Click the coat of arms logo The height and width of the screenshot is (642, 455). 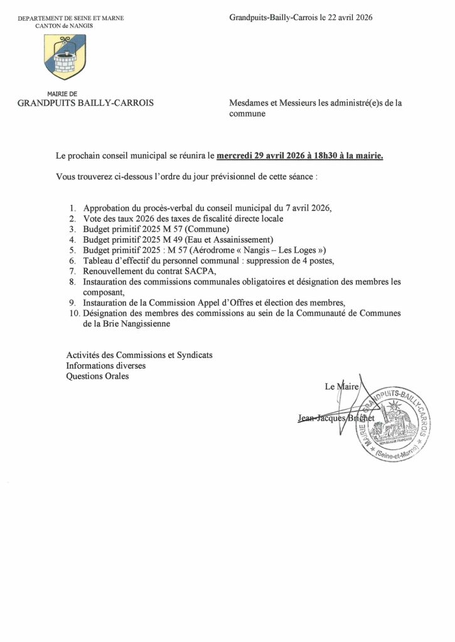coord(65,57)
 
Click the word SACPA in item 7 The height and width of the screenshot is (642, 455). coord(199,271)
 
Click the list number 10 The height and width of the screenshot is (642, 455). coord(73,313)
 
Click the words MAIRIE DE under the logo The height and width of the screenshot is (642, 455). coord(62,94)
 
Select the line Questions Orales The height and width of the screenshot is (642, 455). coord(97,376)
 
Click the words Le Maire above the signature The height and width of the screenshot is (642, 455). coord(341,387)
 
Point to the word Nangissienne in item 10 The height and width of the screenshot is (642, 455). coord(144,324)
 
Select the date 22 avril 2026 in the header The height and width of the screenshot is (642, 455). coord(349,18)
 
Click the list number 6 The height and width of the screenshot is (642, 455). coord(73,260)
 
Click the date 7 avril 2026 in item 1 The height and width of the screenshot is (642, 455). coord(302,208)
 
